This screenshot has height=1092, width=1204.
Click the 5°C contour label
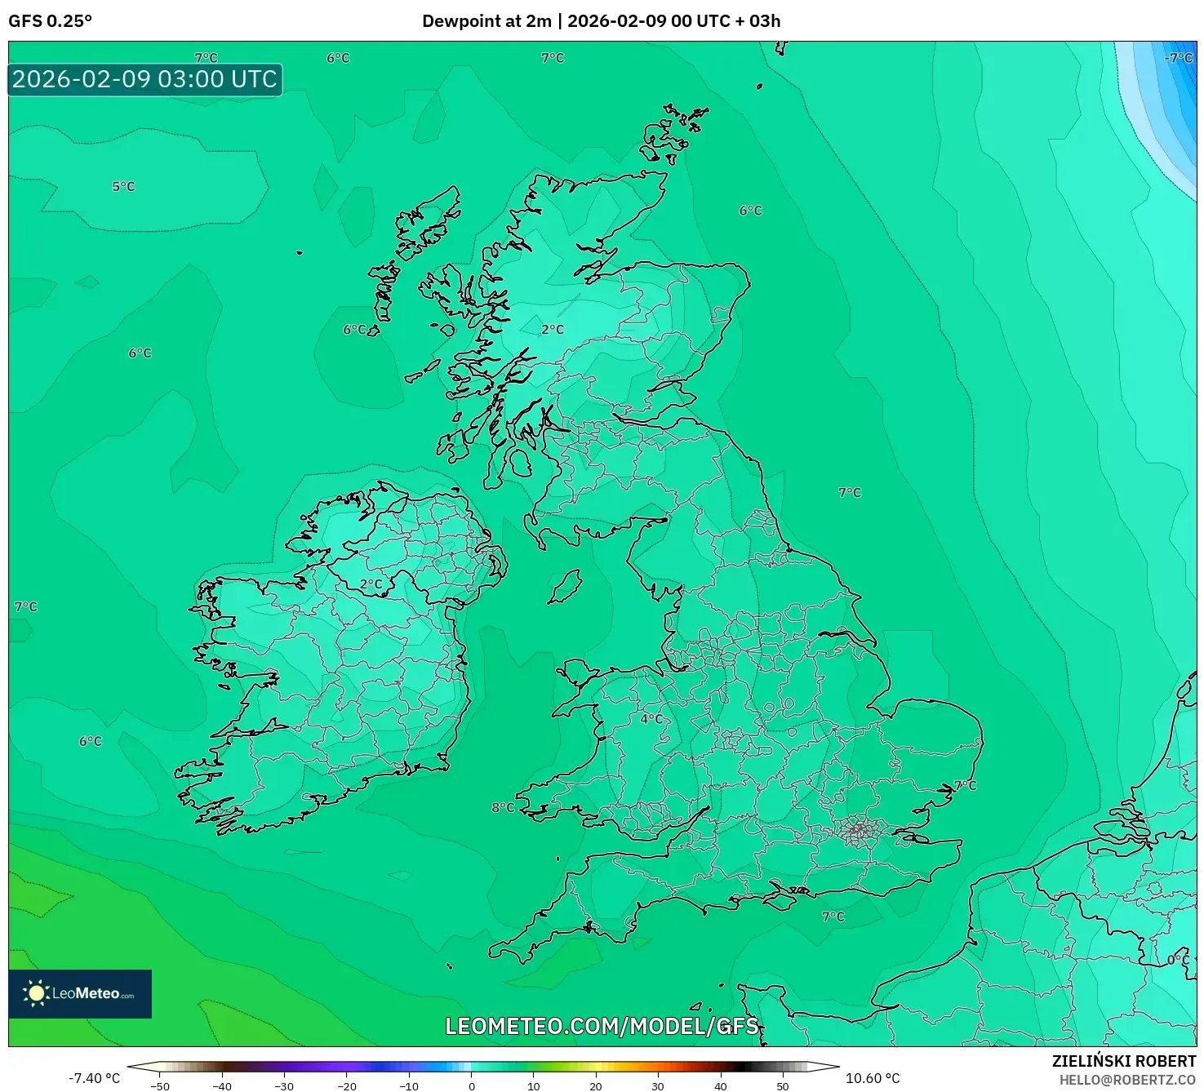123,186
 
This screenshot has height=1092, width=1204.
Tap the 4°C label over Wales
651,718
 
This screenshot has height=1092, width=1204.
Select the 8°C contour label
503,807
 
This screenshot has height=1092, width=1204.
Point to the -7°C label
1178,58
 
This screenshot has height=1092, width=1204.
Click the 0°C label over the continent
1178,960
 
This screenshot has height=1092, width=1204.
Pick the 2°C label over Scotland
553,329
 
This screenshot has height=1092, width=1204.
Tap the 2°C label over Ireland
371,584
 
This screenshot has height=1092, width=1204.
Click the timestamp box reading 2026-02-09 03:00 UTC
145,79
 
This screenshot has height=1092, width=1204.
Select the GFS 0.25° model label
50,21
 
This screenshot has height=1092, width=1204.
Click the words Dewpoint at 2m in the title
486,21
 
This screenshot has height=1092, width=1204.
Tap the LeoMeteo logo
80,993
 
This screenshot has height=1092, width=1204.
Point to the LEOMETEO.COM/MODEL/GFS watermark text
602,1026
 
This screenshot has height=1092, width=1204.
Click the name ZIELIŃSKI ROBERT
1123,1061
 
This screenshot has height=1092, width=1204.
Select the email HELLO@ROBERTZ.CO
1127,1080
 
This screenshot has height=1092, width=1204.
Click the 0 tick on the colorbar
472,1085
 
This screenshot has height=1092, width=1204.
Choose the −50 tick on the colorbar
160,1085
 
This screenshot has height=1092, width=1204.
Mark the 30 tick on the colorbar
658,1085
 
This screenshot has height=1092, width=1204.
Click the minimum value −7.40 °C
94,1078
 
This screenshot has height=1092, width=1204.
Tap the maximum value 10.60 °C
873,1078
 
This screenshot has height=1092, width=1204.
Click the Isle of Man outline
566,586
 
